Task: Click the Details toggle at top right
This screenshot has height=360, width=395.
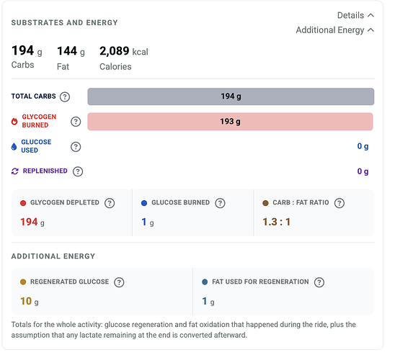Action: pyautogui.click(x=355, y=15)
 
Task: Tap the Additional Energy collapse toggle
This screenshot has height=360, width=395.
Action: pyautogui.click(x=334, y=30)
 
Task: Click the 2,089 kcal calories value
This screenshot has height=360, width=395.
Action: pyautogui.click(x=124, y=51)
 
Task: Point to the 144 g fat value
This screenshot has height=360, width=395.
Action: pyautogui.click(x=71, y=51)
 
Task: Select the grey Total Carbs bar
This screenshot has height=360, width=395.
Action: pyautogui.click(x=231, y=96)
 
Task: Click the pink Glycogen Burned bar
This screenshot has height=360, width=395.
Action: pyautogui.click(x=230, y=122)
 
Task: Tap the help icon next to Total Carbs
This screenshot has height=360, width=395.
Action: pyautogui.click(x=65, y=96)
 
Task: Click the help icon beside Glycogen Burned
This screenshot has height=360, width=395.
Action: pyautogui.click(x=76, y=122)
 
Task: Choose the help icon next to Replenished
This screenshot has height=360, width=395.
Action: pyautogui.click(x=78, y=171)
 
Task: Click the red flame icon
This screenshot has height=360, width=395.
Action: pyautogui.click(x=14, y=122)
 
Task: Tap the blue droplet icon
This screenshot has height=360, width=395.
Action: pyautogui.click(x=14, y=147)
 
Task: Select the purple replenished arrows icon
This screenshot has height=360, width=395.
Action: pyautogui.click(x=15, y=171)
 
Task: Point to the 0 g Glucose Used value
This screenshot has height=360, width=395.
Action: pyautogui.click(x=363, y=146)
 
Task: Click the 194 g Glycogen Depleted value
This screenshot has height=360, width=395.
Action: pyautogui.click(x=32, y=222)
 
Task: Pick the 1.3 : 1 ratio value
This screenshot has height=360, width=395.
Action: pyautogui.click(x=276, y=222)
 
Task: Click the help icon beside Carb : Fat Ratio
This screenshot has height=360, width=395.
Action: pyautogui.click(x=339, y=203)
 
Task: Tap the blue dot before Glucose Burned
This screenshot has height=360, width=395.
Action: pyautogui.click(x=144, y=203)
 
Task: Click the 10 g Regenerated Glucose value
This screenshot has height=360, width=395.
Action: pyautogui.click(x=30, y=301)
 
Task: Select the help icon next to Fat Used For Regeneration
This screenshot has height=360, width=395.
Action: pyautogui.click(x=319, y=282)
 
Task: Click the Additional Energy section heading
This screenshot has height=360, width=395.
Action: pyautogui.click(x=53, y=256)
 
